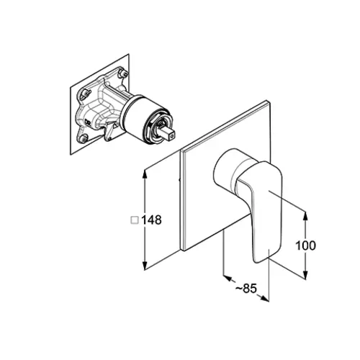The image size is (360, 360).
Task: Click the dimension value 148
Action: coord(151,220)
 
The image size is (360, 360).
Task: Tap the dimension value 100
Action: coord(305,246)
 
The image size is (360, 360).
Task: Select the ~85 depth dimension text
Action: coord(246,288)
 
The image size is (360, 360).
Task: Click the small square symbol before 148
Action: coord(135,220)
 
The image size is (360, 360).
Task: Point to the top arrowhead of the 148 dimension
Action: coord(145,174)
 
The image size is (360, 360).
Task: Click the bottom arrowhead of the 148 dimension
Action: coord(145,265)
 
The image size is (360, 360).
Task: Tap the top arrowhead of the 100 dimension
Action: coord(305,217)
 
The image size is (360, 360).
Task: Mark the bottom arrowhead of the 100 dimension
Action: coord(305,274)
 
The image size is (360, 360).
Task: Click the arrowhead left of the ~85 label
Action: coord(228,278)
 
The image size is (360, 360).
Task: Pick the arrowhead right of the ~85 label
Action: coord(264,298)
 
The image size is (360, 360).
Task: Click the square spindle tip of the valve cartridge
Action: coord(168,135)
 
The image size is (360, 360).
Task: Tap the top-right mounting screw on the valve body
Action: coord(124,72)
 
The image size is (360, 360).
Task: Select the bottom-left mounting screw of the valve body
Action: coord(84,138)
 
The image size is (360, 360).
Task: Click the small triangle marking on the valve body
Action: coord(115,125)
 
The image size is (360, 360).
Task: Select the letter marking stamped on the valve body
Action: coord(87,122)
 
